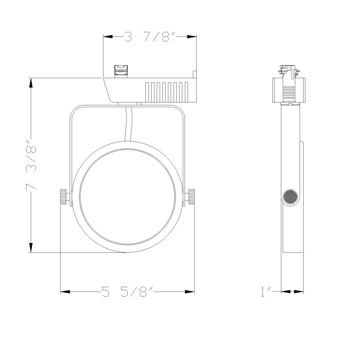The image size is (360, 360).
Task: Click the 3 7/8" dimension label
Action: pyautogui.click(x=150, y=37)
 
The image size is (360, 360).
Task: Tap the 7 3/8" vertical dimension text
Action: pyautogui.click(x=31, y=165)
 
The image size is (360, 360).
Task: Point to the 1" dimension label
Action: pyautogui.click(x=266, y=292)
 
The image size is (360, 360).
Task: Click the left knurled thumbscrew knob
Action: pyautogui.click(x=63, y=197)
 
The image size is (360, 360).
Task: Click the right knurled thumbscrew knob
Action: pyautogui.click(x=191, y=197)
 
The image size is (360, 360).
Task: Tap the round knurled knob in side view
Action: pyautogui.click(x=290, y=197)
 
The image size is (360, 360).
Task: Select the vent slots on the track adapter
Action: pyautogui.click(x=166, y=92)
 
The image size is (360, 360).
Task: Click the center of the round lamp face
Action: pyautogui.click(x=128, y=197)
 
